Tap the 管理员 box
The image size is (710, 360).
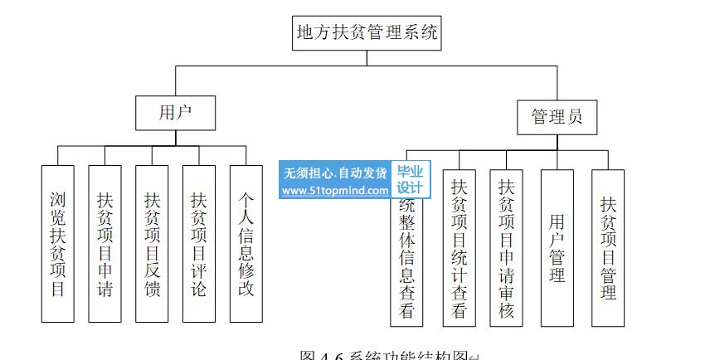557,115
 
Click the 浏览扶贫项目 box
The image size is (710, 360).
57,244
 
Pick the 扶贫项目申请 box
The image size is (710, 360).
105,244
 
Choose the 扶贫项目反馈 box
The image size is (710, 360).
152,244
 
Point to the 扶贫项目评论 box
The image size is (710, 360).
199,244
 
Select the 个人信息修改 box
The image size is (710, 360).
246,244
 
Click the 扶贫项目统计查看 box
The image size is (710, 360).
459,248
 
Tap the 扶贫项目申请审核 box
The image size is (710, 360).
506,248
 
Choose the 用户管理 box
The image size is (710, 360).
557,248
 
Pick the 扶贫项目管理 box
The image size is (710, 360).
608,248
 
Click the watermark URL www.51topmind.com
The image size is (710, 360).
335,190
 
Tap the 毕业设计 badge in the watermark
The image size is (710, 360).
410,180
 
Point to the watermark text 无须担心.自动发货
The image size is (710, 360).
335,173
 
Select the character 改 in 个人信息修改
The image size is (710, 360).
246,290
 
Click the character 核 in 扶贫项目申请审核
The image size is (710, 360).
506,310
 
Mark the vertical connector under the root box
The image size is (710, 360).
367,56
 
